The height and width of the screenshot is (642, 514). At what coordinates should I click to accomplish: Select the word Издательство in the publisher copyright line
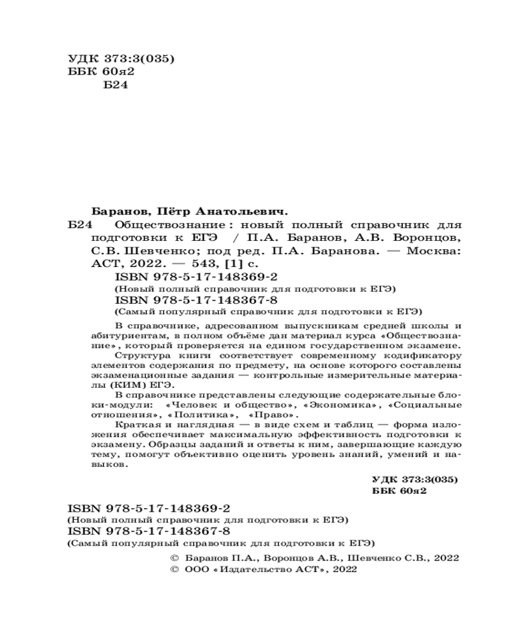(x=248, y=569)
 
